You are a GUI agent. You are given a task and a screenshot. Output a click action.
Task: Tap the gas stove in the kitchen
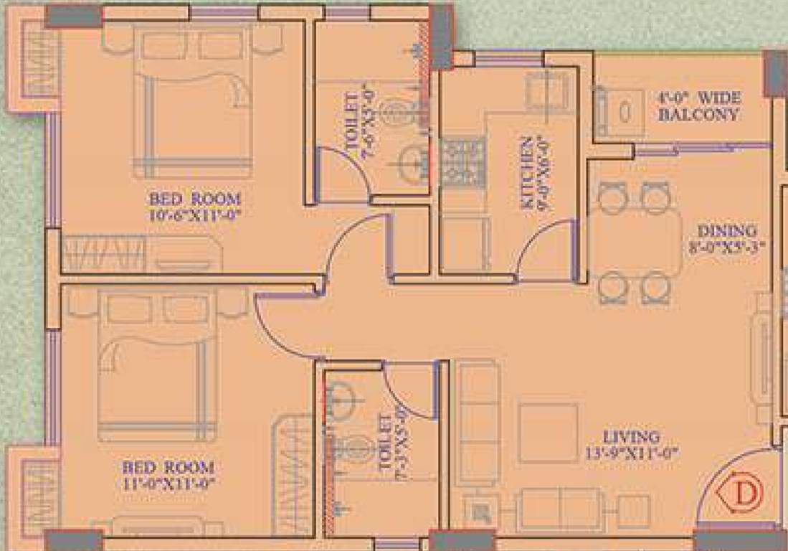coord(463,161)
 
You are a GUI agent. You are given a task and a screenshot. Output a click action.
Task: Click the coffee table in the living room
coord(548,432)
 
